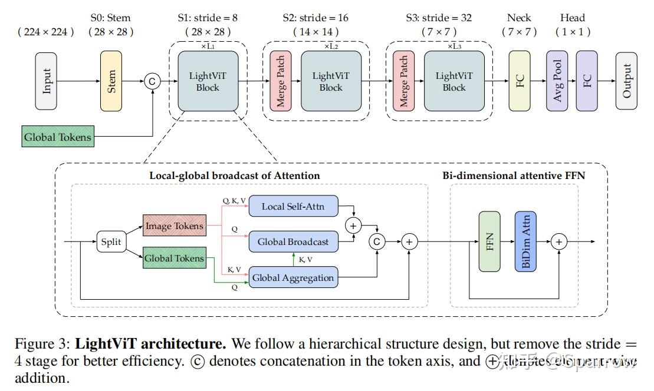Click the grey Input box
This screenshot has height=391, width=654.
pyautogui.click(x=47, y=81)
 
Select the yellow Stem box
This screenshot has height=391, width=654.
pyautogui.click(x=111, y=81)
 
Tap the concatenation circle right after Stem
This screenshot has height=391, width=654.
pyautogui.click(x=152, y=81)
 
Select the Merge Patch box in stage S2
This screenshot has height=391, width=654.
pyautogui.click(x=281, y=81)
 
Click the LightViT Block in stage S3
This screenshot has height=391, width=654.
pyautogui.click(x=454, y=81)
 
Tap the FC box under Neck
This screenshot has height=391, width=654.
pyautogui.click(x=520, y=81)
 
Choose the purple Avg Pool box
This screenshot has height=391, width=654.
pyautogui.click(x=557, y=81)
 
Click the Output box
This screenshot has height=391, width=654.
pyautogui.click(x=626, y=81)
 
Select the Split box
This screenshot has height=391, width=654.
pyautogui.click(x=111, y=241)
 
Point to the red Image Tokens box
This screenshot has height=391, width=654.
pyautogui.click(x=175, y=226)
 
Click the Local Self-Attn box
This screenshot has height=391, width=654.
pyautogui.click(x=294, y=206)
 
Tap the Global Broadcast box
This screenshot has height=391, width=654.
pyautogui.click(x=294, y=241)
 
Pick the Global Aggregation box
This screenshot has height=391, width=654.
pyautogui.click(x=294, y=277)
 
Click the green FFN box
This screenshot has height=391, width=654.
pyautogui.click(x=489, y=241)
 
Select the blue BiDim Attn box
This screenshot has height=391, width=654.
pyautogui.click(x=526, y=241)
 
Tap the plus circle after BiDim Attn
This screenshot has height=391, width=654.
pyautogui.click(x=559, y=241)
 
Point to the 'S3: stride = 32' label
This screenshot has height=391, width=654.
pyautogui.click(x=438, y=18)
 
